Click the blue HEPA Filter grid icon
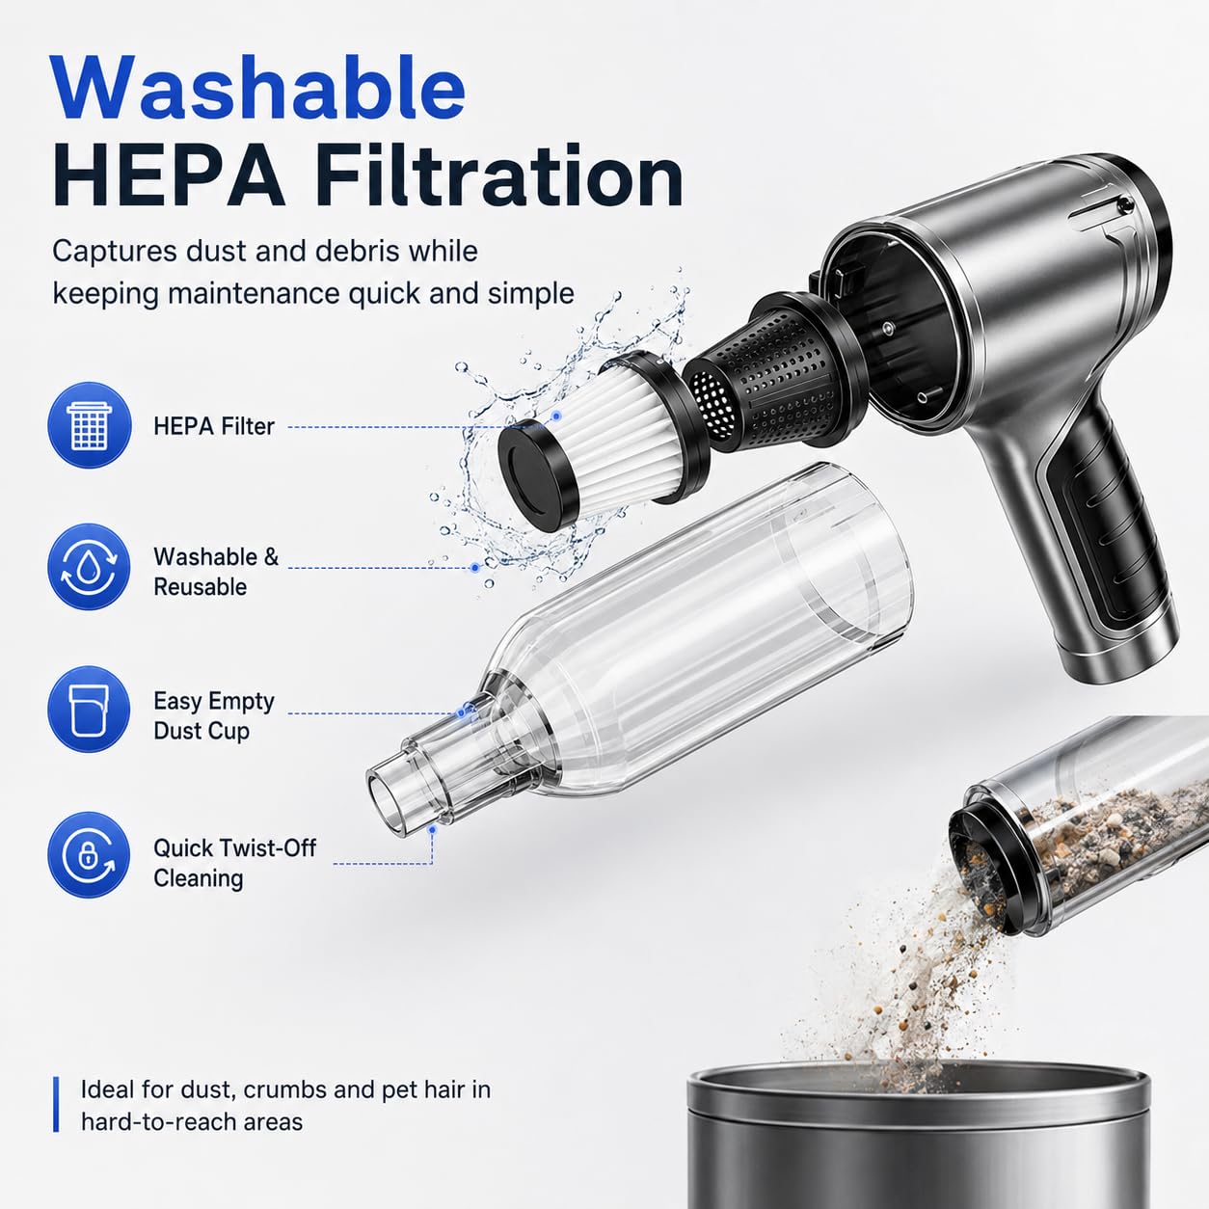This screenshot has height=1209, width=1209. [x=90, y=425]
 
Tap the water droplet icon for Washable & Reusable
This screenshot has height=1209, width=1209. [x=90, y=567]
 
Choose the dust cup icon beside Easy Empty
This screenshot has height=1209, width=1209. [x=90, y=709]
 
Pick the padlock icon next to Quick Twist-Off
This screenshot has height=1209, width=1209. [x=90, y=855]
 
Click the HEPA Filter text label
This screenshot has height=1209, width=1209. [x=214, y=427]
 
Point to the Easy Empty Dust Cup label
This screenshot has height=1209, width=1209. [x=214, y=716]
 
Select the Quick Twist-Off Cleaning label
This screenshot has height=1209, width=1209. [x=234, y=863]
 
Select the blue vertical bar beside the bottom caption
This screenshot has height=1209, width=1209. [x=57, y=1104]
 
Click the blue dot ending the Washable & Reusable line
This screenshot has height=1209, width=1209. [x=475, y=568]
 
